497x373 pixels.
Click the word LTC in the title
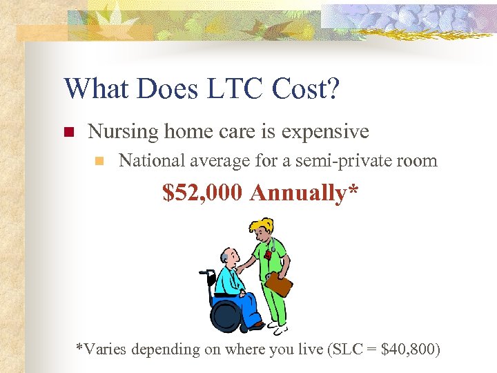(212, 89)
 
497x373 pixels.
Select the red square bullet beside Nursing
(68, 132)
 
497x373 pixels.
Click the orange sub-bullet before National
(99, 162)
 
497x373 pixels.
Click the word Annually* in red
(304, 193)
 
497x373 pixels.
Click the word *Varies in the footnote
(100, 350)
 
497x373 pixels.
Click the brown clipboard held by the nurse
(278, 283)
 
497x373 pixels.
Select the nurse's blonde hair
(261, 227)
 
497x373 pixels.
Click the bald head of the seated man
(227, 257)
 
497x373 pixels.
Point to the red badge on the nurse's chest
(268, 255)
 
